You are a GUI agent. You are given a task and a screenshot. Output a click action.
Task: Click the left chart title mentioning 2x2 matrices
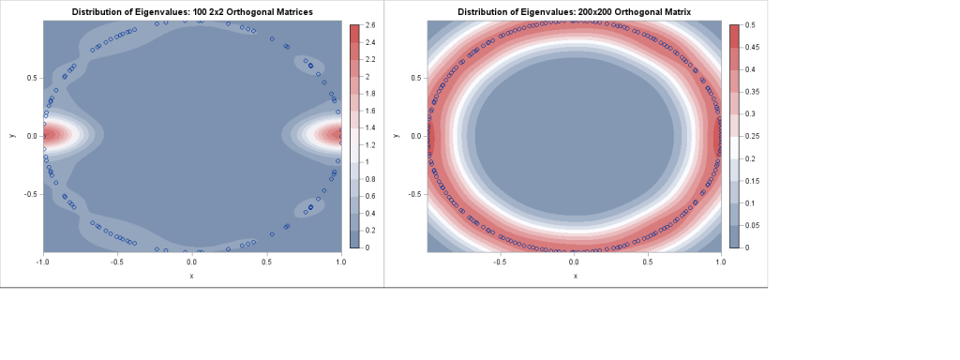192,11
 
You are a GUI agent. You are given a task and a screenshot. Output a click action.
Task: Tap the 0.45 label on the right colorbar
751,47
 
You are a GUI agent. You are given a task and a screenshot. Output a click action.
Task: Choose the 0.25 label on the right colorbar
751,136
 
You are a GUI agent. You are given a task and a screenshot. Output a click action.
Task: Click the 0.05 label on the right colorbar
751,225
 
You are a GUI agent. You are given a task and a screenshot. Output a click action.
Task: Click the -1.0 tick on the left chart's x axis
43,262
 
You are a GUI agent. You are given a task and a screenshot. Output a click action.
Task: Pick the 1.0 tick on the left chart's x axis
340,262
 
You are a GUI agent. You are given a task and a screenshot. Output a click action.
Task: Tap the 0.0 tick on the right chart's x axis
574,262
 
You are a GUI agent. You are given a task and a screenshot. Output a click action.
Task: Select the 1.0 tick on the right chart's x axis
719,262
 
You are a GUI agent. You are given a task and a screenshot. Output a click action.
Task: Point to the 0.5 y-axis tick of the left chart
31,78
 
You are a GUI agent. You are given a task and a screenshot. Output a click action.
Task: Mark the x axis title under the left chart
191,276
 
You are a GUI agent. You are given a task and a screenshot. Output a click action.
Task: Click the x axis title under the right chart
574,276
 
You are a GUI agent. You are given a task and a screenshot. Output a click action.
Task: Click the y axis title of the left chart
12,136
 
